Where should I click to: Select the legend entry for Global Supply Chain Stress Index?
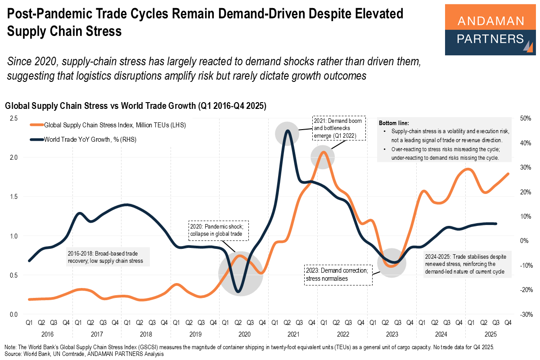pos(115,125)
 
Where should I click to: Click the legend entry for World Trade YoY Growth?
pos(90,139)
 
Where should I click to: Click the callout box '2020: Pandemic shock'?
pos(218,230)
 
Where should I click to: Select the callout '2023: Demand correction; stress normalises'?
pos(338,275)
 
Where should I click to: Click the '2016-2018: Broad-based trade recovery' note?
pos(107,257)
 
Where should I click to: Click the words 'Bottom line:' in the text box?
pos(394,123)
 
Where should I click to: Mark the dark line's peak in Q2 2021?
pos(287,131)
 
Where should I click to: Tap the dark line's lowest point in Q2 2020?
pos(238,292)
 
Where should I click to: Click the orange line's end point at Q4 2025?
pos(508,174)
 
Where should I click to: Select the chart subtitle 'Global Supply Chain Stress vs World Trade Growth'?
pos(135,106)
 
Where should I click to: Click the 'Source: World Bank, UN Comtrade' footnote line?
pos(83,354)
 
